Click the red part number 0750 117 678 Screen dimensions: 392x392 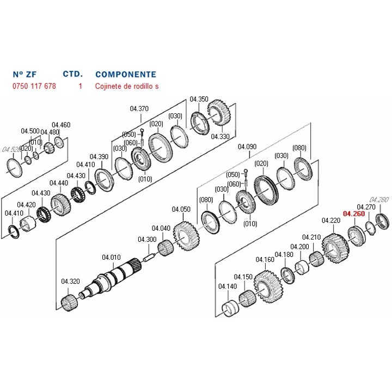coord(34,87)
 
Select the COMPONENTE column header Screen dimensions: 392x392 coord(125,75)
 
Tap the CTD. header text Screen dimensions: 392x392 coord(72,74)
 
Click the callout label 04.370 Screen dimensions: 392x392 coord(139,109)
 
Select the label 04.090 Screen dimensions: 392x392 coord(248,147)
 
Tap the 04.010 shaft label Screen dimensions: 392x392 coord(111,258)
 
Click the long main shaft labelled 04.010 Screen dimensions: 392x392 coord(112,278)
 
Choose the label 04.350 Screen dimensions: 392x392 coord(199,99)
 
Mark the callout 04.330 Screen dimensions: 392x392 coord(220,137)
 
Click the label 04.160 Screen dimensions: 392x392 coord(265,260)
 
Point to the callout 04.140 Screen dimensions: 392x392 coord(227,286)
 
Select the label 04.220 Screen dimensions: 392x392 coord(330,220)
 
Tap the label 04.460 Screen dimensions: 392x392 coord(61,125)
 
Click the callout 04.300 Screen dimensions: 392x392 coord(146,240)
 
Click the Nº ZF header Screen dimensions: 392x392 coord(24,75)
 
